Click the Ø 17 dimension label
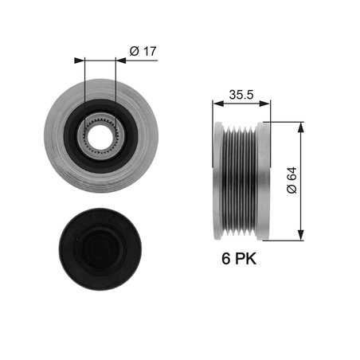141,52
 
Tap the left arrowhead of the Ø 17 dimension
78,59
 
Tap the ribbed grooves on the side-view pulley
240,180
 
